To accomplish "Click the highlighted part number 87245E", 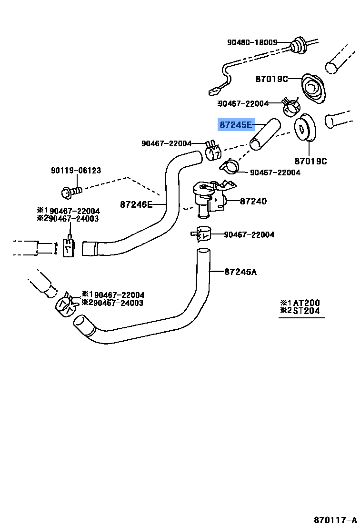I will (236, 125).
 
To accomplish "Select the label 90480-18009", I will (252, 42).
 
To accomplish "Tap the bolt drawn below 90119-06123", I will (71, 192).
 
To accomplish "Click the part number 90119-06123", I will (76, 171).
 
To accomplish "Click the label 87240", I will (253, 201).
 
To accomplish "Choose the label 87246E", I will (136, 204).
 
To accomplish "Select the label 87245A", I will (240, 272).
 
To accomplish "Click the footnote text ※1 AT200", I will (300, 303).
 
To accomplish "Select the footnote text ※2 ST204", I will (300, 311).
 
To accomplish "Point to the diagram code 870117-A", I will (334, 519).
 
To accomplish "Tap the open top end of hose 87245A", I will (203, 251).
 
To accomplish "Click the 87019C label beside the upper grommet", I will (271, 79).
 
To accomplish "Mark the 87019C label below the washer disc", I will (310, 161).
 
